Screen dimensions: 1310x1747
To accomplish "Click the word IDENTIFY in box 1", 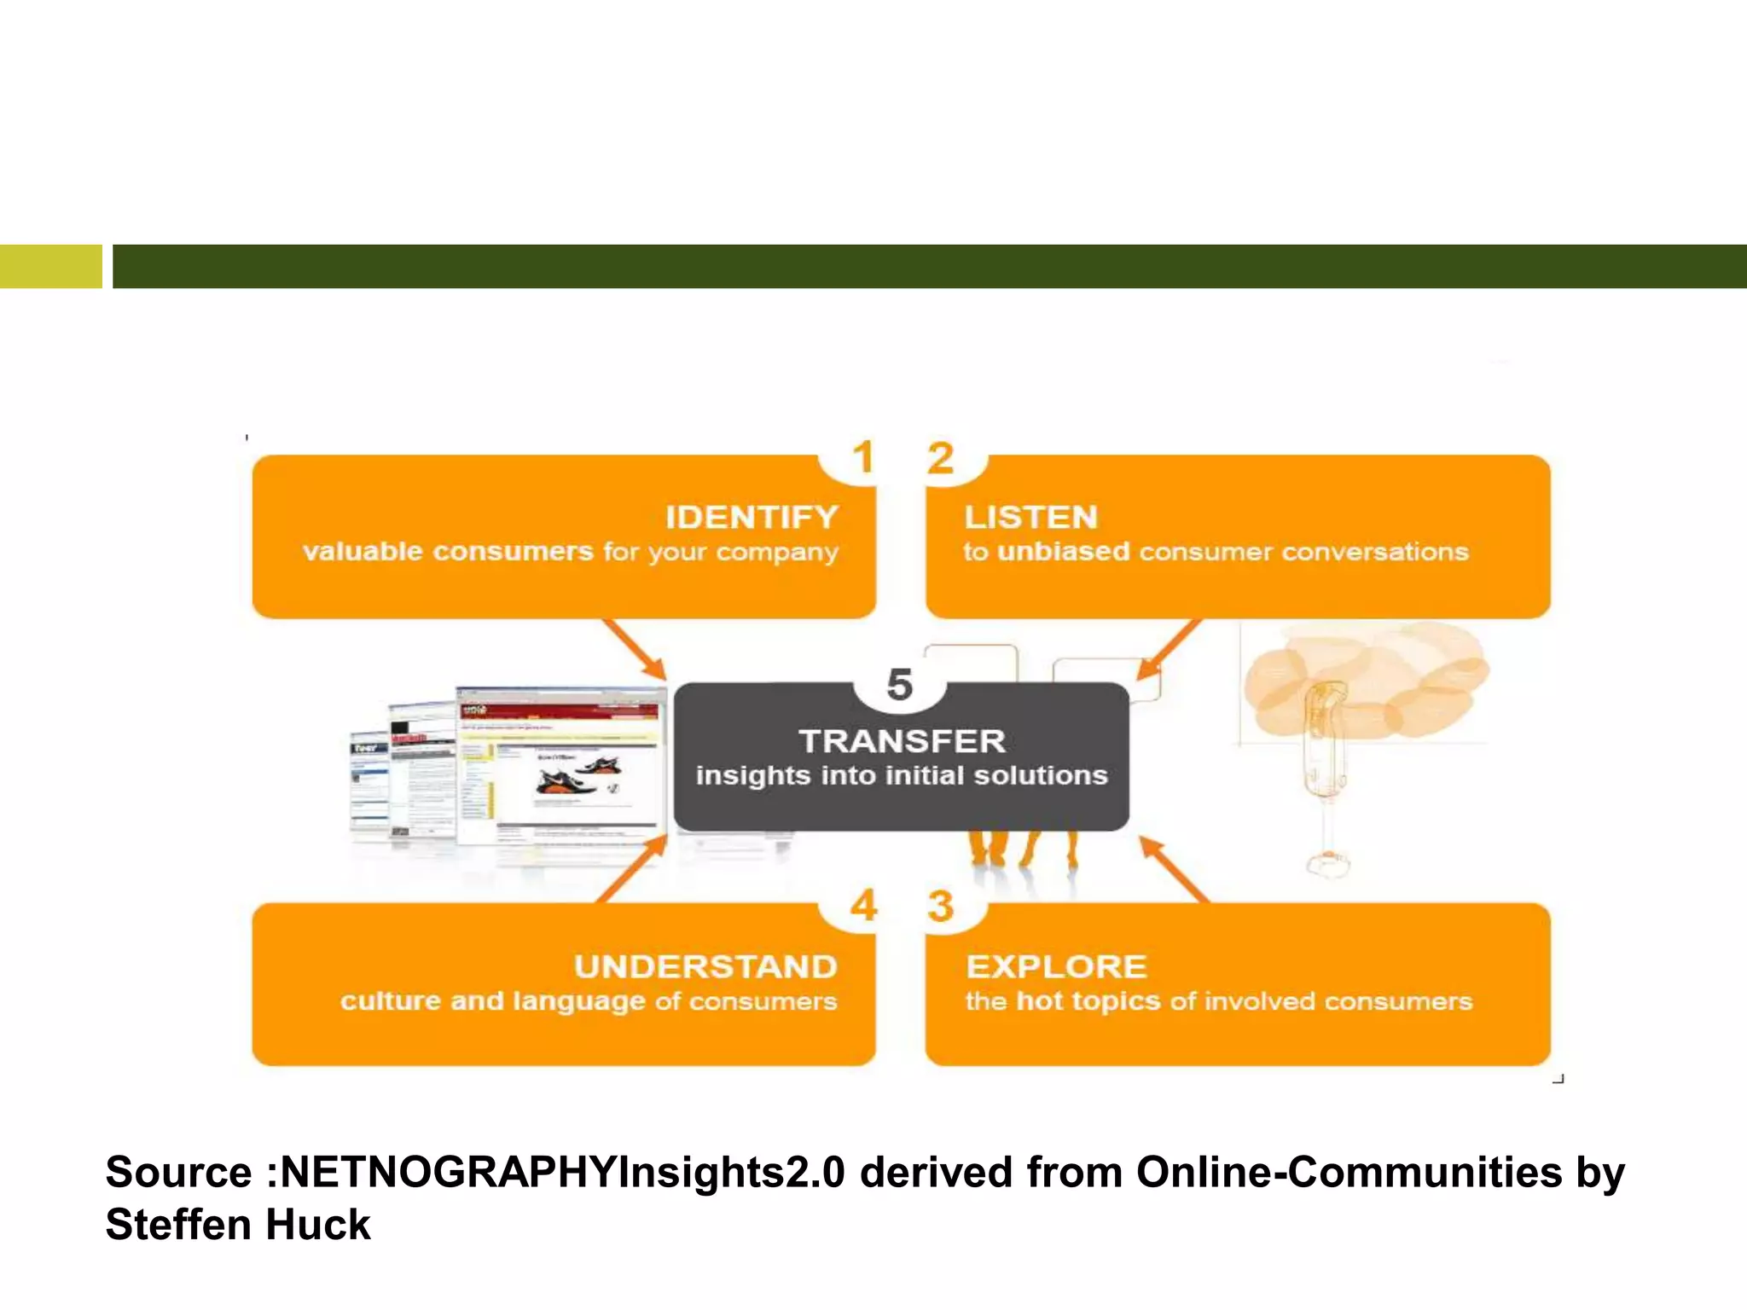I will pyautogui.click(x=752, y=518).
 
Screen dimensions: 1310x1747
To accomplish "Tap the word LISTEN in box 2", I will pyautogui.click(x=1030, y=518).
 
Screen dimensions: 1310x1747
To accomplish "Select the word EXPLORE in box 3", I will pyautogui.click(x=1056, y=967).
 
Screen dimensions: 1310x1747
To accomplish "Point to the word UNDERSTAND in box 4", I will pyautogui.click(x=705, y=967).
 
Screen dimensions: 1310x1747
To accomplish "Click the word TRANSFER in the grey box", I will pyautogui.click(x=902, y=741).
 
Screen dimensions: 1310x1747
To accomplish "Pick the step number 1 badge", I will pyautogui.click(x=863, y=458).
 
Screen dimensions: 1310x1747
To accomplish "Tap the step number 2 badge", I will pyautogui.click(x=940, y=458).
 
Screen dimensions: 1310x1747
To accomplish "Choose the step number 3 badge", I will pyautogui.click(x=940, y=907).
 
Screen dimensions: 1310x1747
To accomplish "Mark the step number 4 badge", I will pyautogui.click(x=863, y=906).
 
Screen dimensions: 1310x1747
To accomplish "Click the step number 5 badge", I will pyautogui.click(x=900, y=685).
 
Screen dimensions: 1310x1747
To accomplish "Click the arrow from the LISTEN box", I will pyautogui.click(x=1169, y=650).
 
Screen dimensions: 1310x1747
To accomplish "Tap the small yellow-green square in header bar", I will pyautogui.click(x=50, y=266).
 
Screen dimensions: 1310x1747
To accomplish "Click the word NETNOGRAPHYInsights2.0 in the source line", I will pyautogui.click(x=562, y=1172).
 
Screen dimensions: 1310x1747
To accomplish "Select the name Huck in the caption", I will pyautogui.click(x=317, y=1225).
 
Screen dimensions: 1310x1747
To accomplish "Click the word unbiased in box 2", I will pyautogui.click(x=1063, y=552).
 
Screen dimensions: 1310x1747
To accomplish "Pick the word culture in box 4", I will pyautogui.click(x=391, y=1000).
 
